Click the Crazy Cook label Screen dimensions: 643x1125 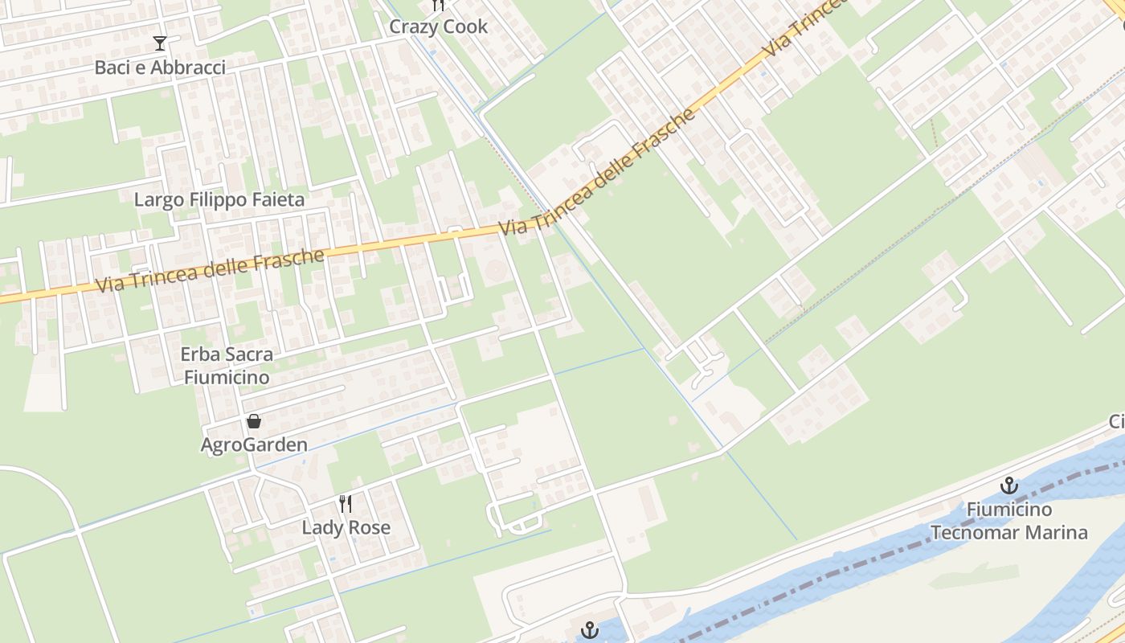[438, 27]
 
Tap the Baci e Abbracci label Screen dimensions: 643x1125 [160, 68]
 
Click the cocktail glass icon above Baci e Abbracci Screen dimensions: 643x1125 [160, 43]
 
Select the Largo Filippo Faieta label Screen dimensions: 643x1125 [219, 200]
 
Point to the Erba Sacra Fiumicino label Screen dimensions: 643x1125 [226, 365]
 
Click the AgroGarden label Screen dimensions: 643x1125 [254, 445]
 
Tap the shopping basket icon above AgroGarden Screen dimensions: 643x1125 [254, 421]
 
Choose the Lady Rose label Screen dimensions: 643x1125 [346, 528]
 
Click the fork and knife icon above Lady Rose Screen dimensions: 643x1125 [346, 504]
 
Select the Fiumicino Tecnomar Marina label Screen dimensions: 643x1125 [1008, 521]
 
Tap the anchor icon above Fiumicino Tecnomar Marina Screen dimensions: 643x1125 [1008, 485]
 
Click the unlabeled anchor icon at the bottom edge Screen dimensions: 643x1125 [591, 631]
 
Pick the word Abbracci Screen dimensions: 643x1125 [190, 68]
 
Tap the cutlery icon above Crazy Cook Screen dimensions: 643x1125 [438, 5]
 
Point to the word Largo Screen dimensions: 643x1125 [157, 200]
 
